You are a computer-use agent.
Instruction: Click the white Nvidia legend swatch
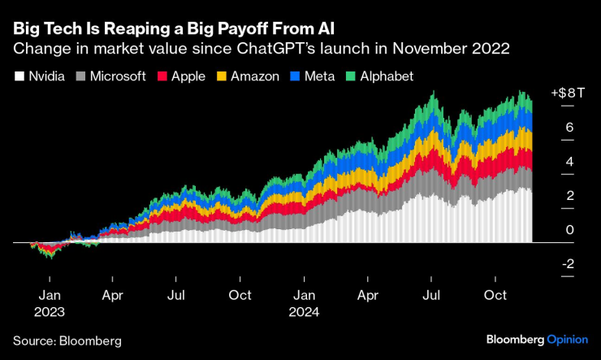pyautogui.click(x=17, y=76)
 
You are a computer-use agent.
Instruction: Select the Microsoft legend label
pyautogui.click(x=117, y=76)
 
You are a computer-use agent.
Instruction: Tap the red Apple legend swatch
pyautogui.click(x=161, y=76)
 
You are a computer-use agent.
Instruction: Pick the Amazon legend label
pyautogui.click(x=254, y=76)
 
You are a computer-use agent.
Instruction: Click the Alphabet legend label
pyautogui.click(x=386, y=76)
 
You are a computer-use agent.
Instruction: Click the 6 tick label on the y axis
pyautogui.click(x=569, y=128)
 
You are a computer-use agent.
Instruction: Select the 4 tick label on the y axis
pyautogui.click(x=569, y=162)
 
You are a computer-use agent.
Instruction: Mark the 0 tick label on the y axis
pyautogui.click(x=569, y=230)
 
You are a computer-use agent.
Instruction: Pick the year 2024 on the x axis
pyautogui.click(x=305, y=311)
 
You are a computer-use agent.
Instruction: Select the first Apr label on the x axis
pyautogui.click(x=112, y=295)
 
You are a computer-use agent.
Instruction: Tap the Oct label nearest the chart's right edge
pyautogui.click(x=495, y=295)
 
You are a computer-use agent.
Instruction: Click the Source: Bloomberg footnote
pyautogui.click(x=67, y=338)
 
